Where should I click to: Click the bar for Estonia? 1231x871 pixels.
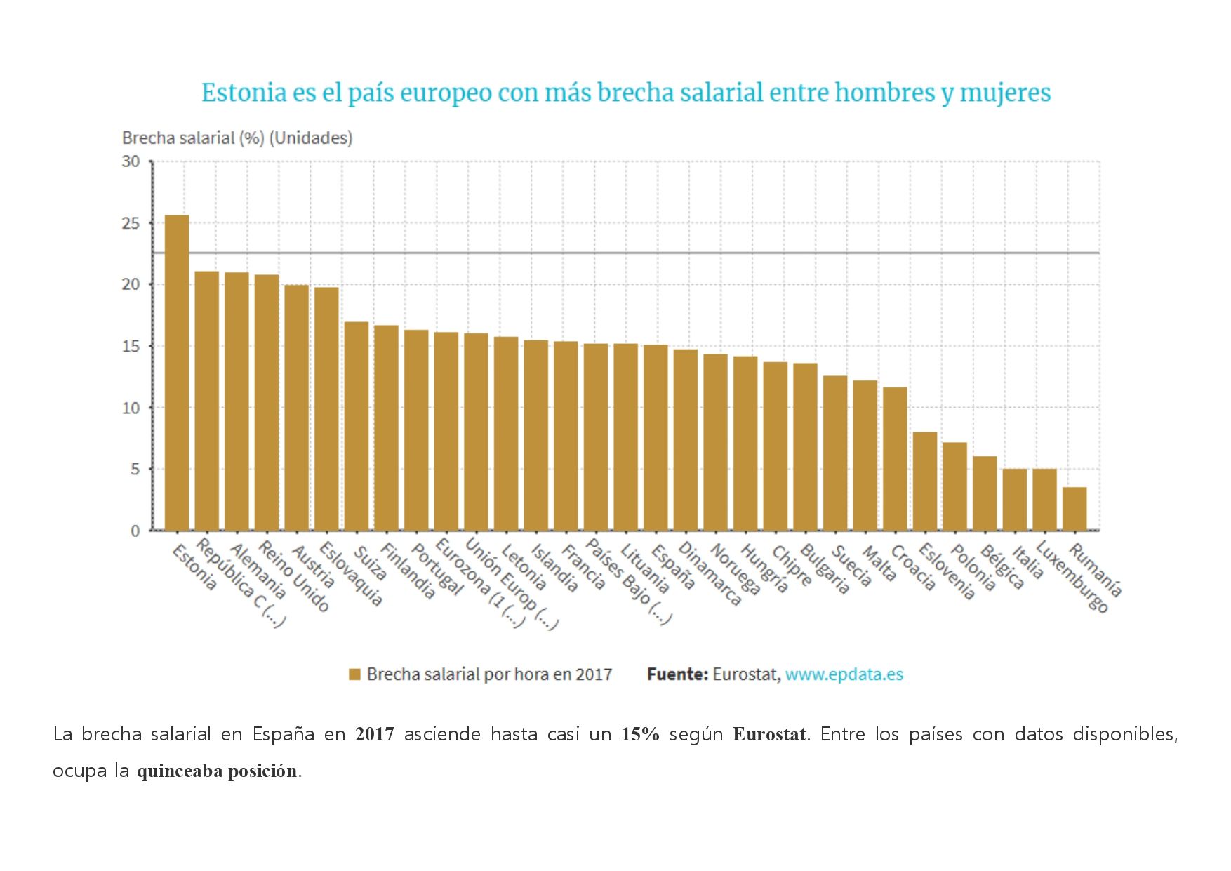(x=177, y=372)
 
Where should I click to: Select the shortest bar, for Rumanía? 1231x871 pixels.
(x=1074, y=509)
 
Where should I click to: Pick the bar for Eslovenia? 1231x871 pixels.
(x=925, y=481)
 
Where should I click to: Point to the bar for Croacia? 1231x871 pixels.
(x=895, y=459)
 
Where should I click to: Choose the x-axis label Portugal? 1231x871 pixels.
(x=437, y=569)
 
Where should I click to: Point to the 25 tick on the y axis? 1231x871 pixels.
(x=131, y=223)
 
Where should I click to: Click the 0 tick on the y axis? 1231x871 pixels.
(x=135, y=531)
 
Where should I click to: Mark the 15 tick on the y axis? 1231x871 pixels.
(x=131, y=346)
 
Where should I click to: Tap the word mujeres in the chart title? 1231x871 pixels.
(x=1005, y=93)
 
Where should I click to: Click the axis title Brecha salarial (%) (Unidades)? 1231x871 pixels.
(x=237, y=138)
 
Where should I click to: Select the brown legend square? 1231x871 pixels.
(x=354, y=674)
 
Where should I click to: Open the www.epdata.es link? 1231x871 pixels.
(x=844, y=674)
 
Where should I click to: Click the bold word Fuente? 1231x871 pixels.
(x=677, y=674)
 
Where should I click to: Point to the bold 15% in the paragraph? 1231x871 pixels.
(x=640, y=734)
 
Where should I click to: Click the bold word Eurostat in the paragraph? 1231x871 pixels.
(x=769, y=734)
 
